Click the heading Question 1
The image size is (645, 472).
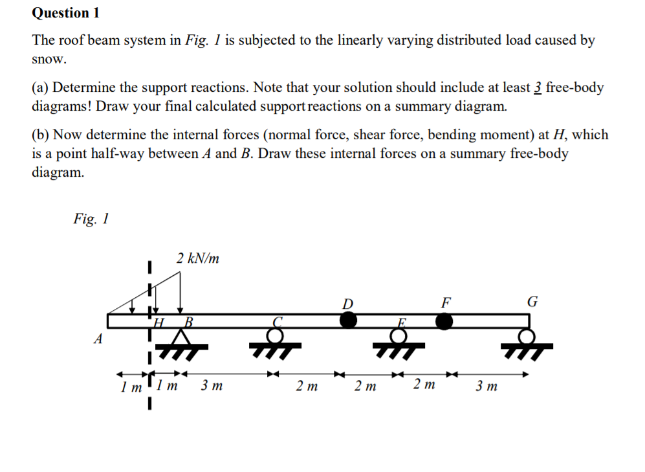click(x=61, y=13)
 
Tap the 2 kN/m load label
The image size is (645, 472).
click(x=197, y=259)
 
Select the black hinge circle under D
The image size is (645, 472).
click(x=348, y=320)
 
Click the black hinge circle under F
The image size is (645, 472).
click(x=444, y=320)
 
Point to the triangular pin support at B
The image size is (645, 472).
click(x=183, y=339)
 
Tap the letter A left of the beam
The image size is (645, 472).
click(x=98, y=339)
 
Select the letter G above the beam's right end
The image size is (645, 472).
click(x=532, y=302)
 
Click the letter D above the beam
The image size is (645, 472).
click(x=348, y=303)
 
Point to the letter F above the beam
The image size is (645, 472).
click(x=444, y=302)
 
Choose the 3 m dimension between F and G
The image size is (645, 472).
click(x=486, y=387)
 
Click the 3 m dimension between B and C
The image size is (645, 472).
click(x=212, y=387)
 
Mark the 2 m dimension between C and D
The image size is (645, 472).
click(x=307, y=387)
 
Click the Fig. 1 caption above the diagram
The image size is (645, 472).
click(x=91, y=219)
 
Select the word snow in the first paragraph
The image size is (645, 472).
click(x=49, y=59)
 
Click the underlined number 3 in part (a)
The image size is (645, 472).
click(x=537, y=87)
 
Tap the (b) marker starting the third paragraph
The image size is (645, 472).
click(x=40, y=135)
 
